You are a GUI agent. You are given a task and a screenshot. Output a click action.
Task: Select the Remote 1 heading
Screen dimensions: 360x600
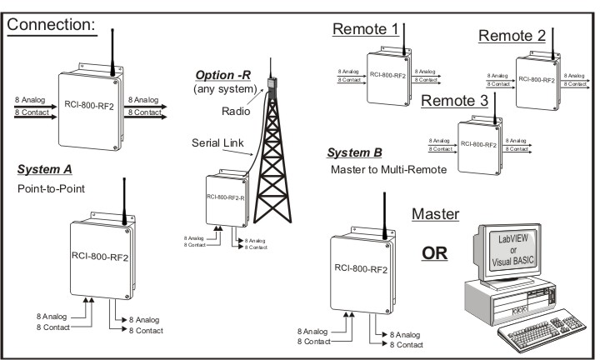365,29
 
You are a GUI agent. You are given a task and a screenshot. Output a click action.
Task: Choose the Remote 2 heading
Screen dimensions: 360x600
511,35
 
